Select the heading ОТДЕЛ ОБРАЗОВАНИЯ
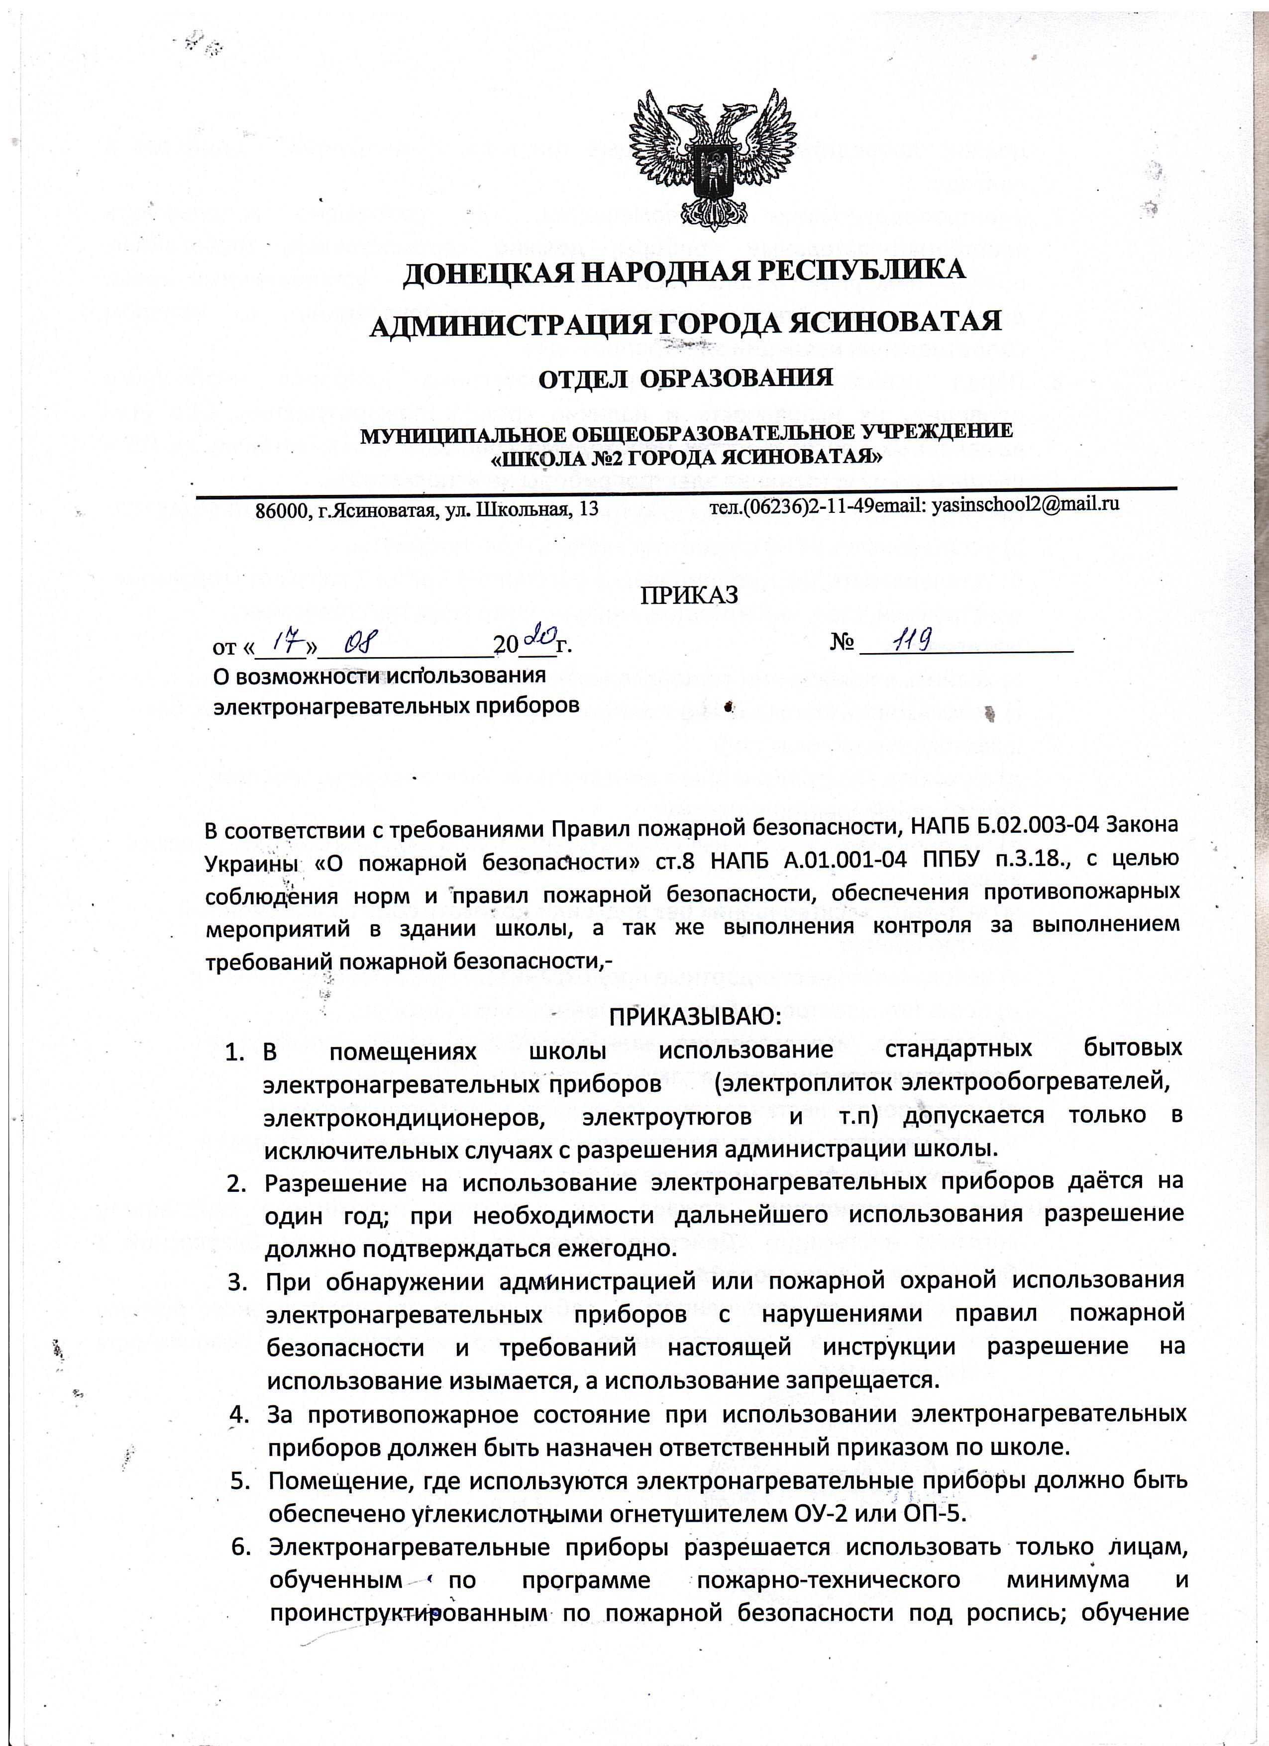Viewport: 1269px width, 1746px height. click(x=685, y=379)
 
